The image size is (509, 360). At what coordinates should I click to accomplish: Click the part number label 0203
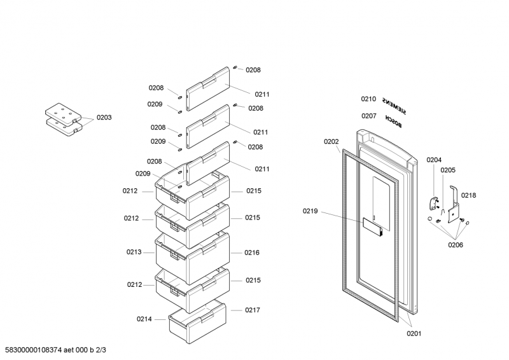coord(104,118)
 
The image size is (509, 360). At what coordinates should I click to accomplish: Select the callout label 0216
coord(252,253)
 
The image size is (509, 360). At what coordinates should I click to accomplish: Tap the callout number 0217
coord(253,310)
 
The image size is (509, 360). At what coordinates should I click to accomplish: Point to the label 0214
coord(144,319)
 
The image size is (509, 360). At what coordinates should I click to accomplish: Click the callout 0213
coord(134,252)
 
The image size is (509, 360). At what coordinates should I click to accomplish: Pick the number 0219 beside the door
coord(310,211)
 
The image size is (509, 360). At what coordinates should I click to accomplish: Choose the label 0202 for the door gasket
coord(331,142)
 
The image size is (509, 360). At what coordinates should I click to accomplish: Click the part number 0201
coord(414,333)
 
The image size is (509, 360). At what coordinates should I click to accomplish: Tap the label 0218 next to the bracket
coord(468,195)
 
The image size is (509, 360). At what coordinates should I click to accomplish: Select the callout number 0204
coord(434,160)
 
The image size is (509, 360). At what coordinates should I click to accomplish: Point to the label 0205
coord(448,170)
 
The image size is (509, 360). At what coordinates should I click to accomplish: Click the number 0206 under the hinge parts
coord(456,245)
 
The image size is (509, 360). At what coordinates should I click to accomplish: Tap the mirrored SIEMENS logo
coord(394,106)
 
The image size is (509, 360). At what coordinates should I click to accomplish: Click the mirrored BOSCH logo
coord(393,121)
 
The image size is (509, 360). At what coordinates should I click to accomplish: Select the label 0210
coord(368,99)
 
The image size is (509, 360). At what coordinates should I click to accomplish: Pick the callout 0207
coord(369,116)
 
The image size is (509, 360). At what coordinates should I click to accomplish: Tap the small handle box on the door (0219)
coord(372,226)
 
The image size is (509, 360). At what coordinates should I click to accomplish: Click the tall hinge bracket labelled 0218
coord(454,205)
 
